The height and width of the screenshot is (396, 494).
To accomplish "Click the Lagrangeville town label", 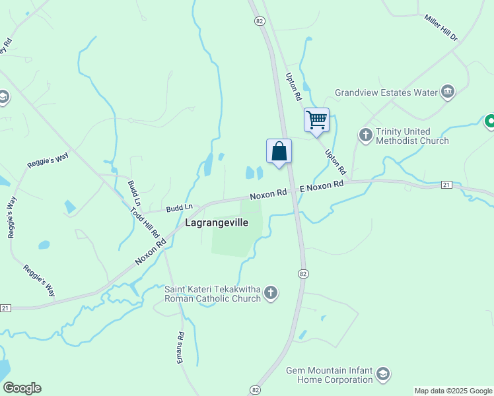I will (x=217, y=223).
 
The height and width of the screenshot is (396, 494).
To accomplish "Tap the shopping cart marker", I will (x=316, y=121).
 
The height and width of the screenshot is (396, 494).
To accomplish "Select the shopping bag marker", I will (x=279, y=151).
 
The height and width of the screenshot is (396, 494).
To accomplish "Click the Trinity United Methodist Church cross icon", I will (x=366, y=135).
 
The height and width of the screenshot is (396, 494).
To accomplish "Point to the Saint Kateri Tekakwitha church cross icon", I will (x=271, y=293).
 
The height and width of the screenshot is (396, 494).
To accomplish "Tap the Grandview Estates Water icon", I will (x=448, y=92).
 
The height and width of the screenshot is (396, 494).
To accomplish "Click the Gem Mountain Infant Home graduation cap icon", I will (x=383, y=375).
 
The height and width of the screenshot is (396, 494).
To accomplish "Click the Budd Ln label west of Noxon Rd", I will (x=178, y=208).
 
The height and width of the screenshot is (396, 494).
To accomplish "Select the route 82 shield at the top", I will (x=260, y=21).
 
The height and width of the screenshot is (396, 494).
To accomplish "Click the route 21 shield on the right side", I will (x=446, y=185).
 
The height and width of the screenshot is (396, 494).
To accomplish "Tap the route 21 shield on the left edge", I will (x=5, y=308).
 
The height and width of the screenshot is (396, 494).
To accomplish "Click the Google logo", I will (x=22, y=388).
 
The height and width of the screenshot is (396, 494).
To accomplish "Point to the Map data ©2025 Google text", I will (x=453, y=391).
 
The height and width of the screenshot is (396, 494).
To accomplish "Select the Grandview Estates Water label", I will (x=386, y=92).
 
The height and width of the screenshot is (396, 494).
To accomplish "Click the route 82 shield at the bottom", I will (x=256, y=391).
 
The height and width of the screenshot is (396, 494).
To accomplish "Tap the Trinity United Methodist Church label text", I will (x=412, y=136).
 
